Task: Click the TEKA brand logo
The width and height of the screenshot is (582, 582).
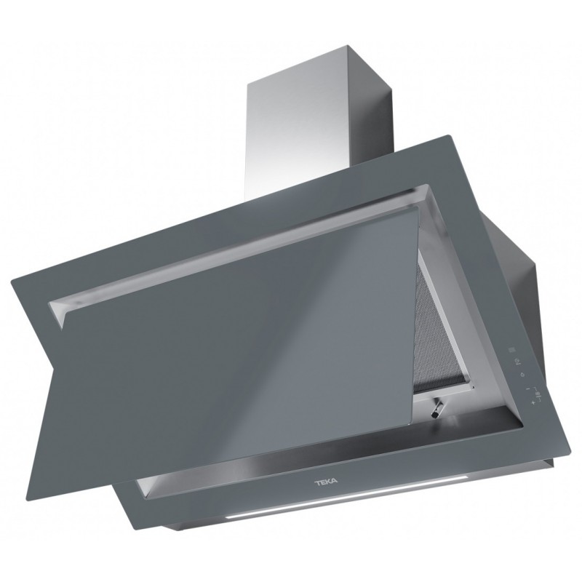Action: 326,482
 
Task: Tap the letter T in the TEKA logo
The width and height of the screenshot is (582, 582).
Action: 318,482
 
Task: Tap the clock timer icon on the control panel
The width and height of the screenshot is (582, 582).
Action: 517,361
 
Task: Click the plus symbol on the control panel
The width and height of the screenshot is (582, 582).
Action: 533,402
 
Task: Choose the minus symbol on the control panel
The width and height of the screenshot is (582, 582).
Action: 527,388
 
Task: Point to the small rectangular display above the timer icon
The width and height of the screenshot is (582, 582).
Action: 511,349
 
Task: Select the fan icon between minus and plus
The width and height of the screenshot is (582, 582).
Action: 538,394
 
